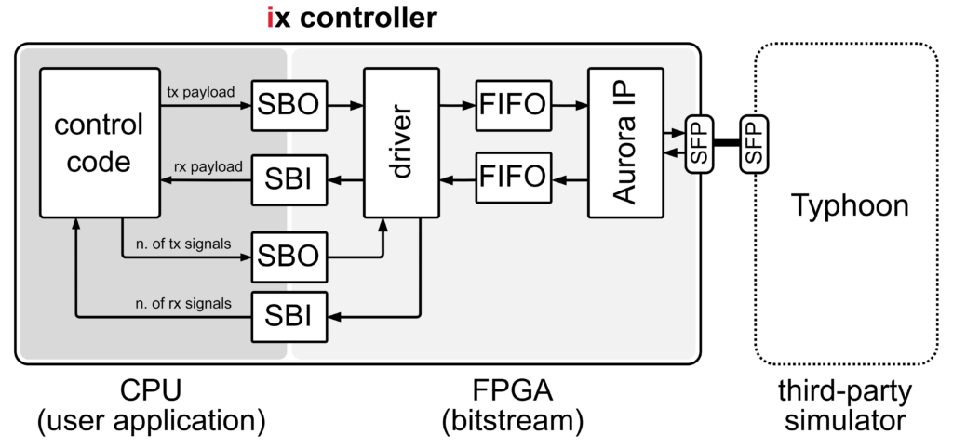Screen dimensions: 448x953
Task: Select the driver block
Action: click(x=400, y=143)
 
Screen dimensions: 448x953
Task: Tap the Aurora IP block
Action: click(x=625, y=143)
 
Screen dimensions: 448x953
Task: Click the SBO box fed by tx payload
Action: click(x=288, y=107)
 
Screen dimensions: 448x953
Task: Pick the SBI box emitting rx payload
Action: click(x=288, y=178)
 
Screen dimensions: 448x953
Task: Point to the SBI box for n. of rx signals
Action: click(x=288, y=317)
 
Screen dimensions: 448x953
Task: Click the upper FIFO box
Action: click(x=511, y=107)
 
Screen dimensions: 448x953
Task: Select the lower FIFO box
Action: click(x=511, y=178)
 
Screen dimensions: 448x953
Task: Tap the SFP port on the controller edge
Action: click(x=698, y=143)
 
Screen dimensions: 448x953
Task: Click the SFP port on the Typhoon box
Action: click(x=754, y=143)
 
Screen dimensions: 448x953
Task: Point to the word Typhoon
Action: click(x=849, y=205)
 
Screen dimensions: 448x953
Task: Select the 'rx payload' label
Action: click(x=208, y=166)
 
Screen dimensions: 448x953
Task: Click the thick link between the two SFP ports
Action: click(x=726, y=143)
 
